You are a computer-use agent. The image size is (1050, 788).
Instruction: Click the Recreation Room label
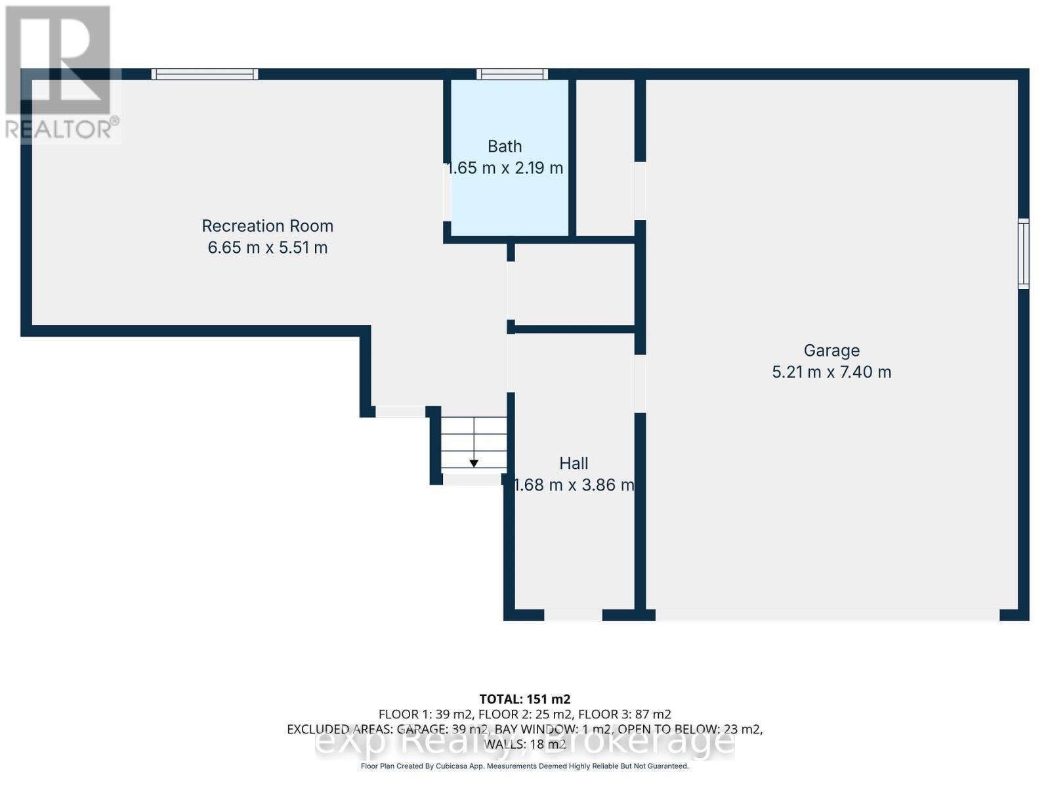coord(267,226)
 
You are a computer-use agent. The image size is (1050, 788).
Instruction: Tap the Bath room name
coord(505,146)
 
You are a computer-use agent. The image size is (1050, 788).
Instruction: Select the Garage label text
coord(831,351)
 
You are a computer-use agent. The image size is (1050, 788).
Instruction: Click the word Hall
coord(574,464)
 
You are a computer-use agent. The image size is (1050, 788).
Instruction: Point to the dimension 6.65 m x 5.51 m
coord(267,248)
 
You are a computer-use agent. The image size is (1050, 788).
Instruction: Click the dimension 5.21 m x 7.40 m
coord(831,372)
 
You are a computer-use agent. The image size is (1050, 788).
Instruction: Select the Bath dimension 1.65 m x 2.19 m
coord(505,168)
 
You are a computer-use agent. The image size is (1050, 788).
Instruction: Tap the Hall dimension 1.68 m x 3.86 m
coord(574,485)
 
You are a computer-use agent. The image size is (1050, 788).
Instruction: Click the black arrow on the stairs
coord(474,464)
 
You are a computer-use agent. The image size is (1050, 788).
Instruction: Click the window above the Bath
coord(512,74)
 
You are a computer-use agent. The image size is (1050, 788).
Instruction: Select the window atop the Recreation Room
coord(205,74)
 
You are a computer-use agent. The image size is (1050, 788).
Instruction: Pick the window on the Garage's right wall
coord(1023,253)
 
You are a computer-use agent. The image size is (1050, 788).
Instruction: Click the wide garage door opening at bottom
coord(827,615)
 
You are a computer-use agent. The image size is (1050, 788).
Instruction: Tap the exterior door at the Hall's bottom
coord(573,615)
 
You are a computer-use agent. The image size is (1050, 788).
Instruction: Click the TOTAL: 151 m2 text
coord(524,699)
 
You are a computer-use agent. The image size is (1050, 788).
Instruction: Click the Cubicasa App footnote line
coord(524,766)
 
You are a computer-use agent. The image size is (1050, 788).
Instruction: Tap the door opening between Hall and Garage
coord(640,384)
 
